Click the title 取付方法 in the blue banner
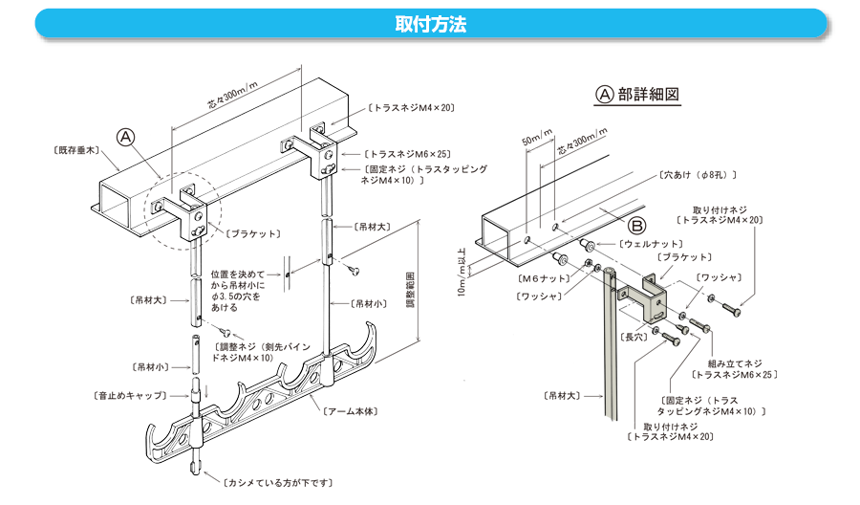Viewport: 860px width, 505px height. point(430,24)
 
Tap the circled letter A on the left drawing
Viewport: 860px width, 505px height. point(126,137)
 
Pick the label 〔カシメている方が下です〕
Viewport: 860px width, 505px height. point(279,483)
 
